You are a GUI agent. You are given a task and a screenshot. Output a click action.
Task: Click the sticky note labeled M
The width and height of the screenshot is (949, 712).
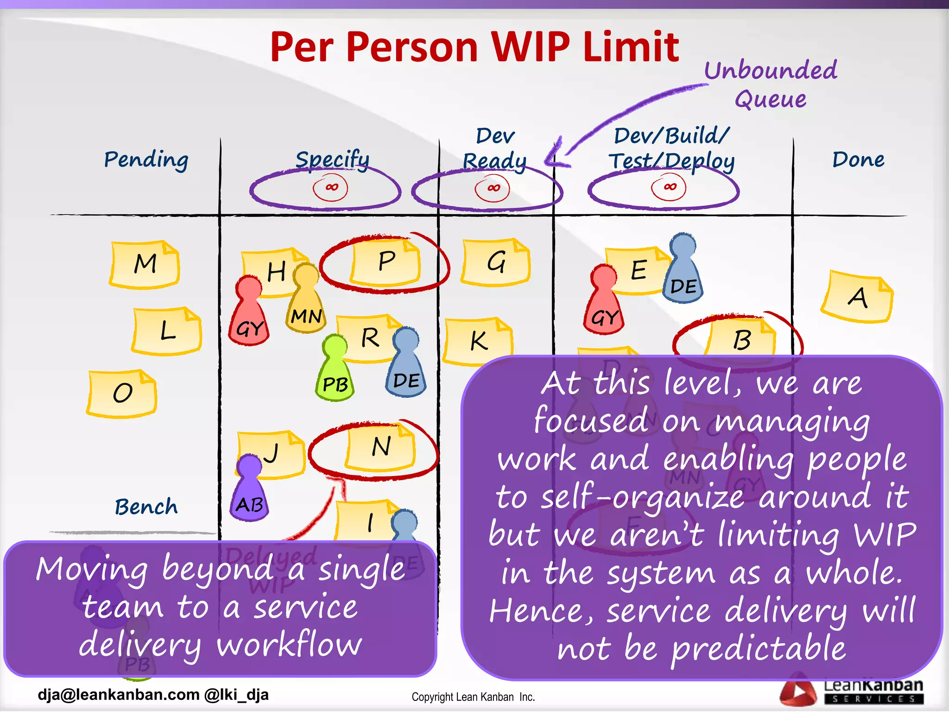point(145,264)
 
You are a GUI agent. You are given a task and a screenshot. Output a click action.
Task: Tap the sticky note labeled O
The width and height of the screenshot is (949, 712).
point(122,393)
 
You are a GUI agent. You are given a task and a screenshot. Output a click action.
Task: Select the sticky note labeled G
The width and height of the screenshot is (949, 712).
point(496,262)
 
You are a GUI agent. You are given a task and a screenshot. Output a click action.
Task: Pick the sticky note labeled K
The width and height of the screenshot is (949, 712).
point(479,341)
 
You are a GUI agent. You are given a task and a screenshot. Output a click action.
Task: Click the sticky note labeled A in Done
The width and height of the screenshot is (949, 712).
point(857,297)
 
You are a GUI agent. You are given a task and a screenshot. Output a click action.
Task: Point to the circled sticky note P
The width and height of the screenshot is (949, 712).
point(386,262)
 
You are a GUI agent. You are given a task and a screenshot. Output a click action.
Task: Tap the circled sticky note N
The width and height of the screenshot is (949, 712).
point(380,447)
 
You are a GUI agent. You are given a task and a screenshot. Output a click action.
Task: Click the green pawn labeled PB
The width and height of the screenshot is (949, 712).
point(335,371)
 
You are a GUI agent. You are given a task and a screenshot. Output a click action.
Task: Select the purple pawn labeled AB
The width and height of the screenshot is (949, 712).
point(249,491)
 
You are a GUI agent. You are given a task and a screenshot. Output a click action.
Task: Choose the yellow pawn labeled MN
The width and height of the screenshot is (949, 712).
point(306,301)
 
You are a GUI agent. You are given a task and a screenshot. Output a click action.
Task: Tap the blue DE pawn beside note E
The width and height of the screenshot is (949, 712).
point(683,271)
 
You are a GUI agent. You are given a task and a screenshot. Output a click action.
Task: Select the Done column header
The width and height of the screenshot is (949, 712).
point(858,159)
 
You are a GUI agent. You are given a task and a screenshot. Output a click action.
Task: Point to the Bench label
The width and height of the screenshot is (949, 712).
point(146,507)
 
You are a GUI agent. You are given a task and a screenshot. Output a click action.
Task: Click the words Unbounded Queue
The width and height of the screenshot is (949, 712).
point(771,84)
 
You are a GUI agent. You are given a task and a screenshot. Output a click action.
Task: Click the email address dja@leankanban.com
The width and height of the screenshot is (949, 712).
point(119,694)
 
